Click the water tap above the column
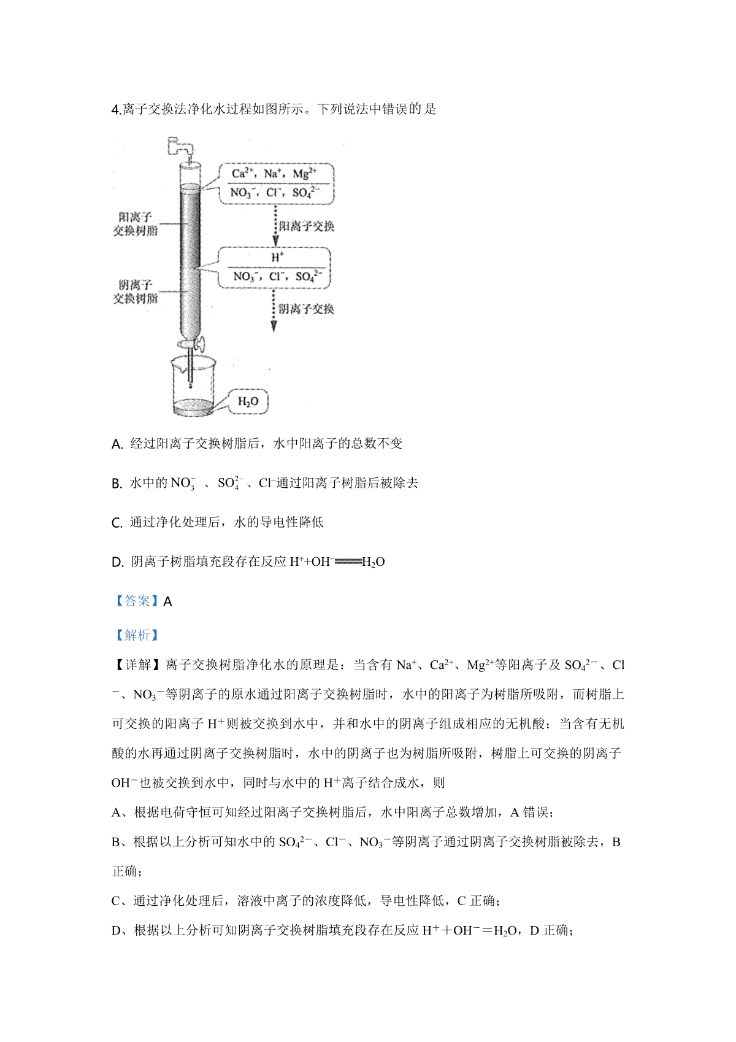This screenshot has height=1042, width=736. (x=180, y=147)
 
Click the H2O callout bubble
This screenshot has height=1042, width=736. (x=248, y=401)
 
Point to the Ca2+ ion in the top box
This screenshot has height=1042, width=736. (x=242, y=174)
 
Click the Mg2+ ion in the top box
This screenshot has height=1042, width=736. (x=305, y=174)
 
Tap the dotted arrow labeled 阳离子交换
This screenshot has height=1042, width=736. (x=275, y=225)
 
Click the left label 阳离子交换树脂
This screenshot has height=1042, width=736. (x=136, y=224)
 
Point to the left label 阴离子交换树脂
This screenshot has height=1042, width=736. (x=136, y=291)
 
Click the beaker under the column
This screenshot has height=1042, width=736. (x=193, y=385)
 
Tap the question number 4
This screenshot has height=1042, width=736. (x=117, y=110)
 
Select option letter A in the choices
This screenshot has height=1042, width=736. (x=117, y=444)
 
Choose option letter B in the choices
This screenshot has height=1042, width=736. (x=117, y=484)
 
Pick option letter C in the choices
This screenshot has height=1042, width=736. (x=117, y=523)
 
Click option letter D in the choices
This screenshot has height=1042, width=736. (x=118, y=562)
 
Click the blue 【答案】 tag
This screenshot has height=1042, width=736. (x=137, y=601)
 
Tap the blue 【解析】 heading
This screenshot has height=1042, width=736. (x=137, y=635)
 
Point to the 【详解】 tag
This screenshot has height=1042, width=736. (x=137, y=665)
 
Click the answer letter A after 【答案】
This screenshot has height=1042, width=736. (x=168, y=601)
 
